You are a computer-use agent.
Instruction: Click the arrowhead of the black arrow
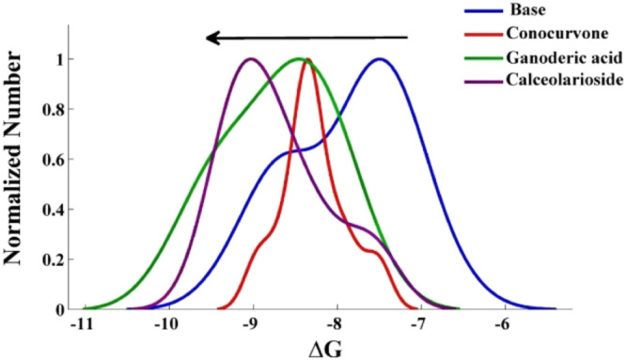212,38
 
